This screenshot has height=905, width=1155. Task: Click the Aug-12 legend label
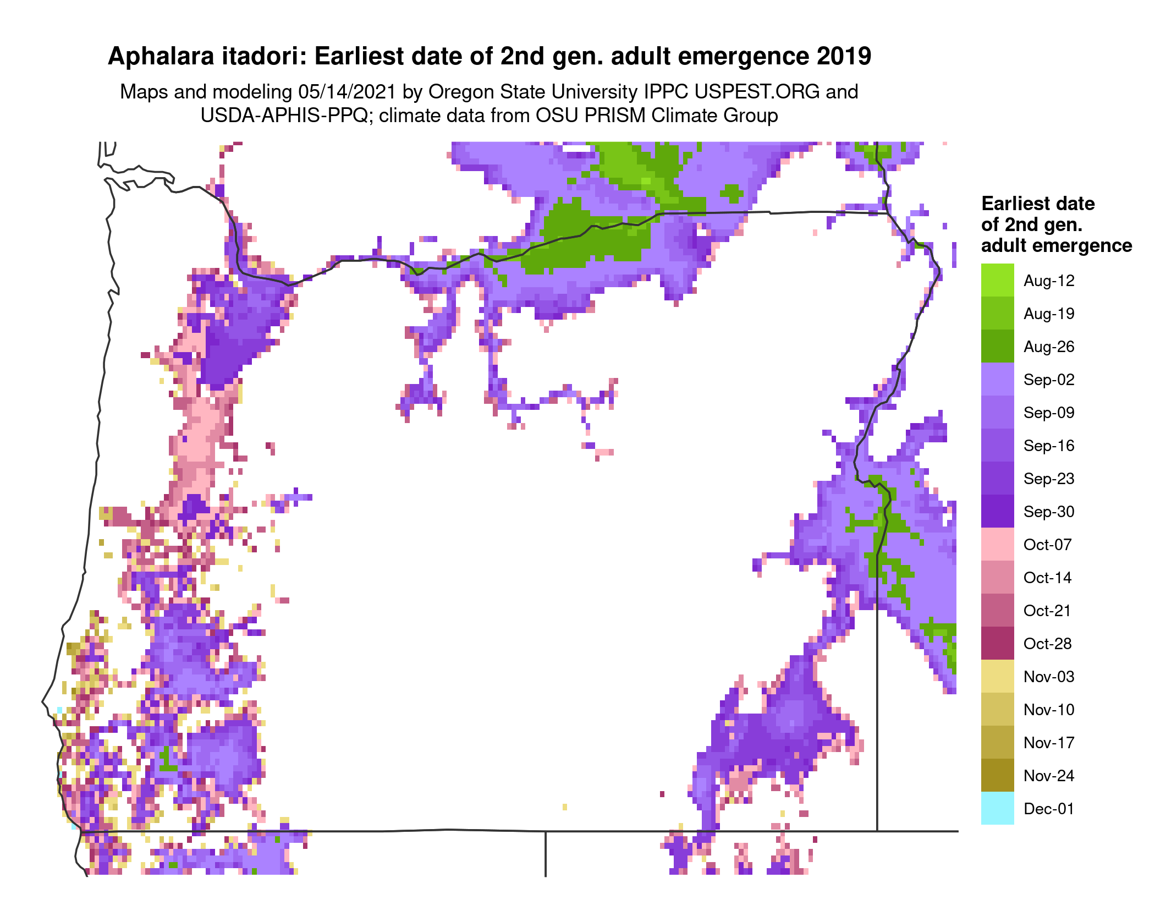pos(1048,281)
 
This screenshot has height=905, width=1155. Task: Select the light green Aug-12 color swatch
pos(997,281)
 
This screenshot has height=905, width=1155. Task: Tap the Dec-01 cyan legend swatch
pos(997,808)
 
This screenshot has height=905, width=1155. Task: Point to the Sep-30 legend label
pos(1048,512)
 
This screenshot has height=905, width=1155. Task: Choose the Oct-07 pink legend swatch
pos(997,545)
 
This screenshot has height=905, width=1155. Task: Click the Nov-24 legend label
pos(1048,776)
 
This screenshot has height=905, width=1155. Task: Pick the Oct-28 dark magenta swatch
pos(997,644)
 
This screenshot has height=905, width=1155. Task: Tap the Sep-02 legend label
pos(1048,380)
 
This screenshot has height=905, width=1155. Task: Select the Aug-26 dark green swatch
pos(997,347)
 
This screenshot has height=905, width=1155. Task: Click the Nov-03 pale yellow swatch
pos(997,677)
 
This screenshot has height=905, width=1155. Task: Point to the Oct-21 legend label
pos(1047,611)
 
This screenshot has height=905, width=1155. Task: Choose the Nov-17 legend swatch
pos(997,743)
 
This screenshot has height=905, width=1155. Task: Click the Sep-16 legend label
pos(1048,446)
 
